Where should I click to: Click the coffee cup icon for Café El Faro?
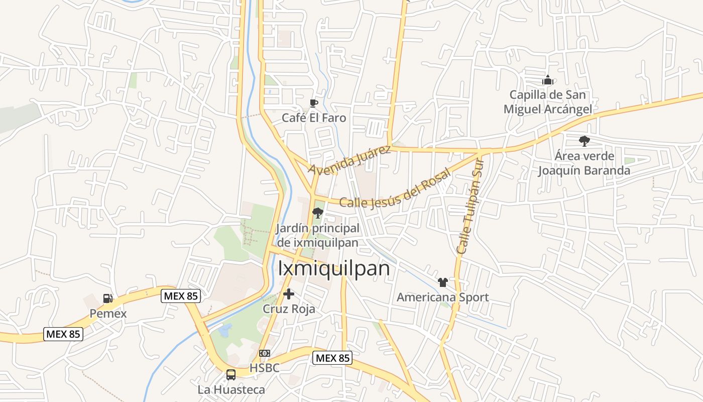tap(314, 104)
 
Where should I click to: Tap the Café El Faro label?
tap(314, 118)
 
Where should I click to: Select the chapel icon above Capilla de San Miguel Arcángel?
tap(547, 80)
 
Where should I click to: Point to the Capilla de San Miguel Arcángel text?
tap(547, 102)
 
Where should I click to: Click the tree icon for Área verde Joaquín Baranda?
tap(584, 141)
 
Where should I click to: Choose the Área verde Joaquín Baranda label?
tap(584, 163)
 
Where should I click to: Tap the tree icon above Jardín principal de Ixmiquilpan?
tap(317, 213)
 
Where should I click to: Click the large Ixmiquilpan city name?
tap(334, 268)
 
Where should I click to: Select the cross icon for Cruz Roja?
tap(289, 294)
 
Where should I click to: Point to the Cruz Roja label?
tap(289, 309)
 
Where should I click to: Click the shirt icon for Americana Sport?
tap(442, 282)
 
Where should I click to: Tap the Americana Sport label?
tap(442, 297)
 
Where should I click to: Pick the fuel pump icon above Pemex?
tap(107, 298)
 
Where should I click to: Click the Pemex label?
tap(108, 314)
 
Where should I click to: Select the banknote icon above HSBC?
tap(265, 353)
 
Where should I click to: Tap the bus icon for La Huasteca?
tap(231, 375)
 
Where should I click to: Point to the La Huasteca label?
tap(231, 389)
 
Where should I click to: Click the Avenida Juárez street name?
tap(349, 160)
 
